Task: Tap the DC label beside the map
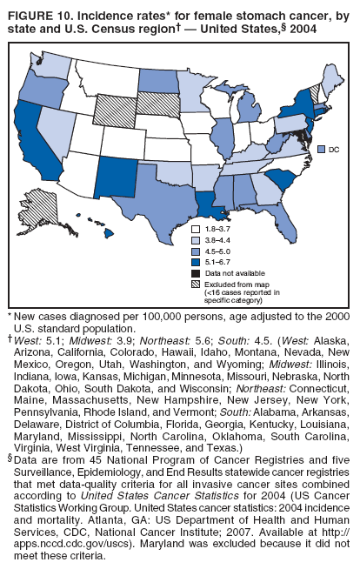(334, 150)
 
